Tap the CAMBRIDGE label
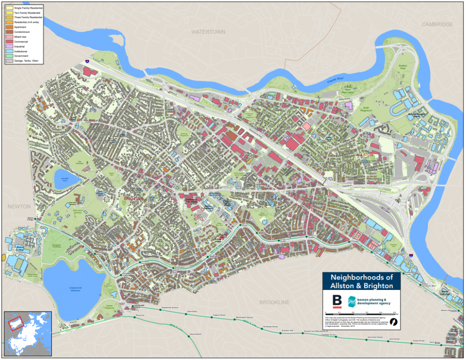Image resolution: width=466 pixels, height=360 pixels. tap(437, 24)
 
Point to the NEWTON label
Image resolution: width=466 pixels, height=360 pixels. tap(18, 206)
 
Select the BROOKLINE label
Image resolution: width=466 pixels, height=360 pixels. tap(274, 302)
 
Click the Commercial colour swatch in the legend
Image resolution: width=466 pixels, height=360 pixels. tap(9, 41)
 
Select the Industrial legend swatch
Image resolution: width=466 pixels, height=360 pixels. tap(9, 46)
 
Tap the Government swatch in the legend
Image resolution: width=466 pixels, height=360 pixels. tap(9, 56)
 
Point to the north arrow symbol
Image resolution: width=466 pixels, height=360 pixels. tap(394, 321)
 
